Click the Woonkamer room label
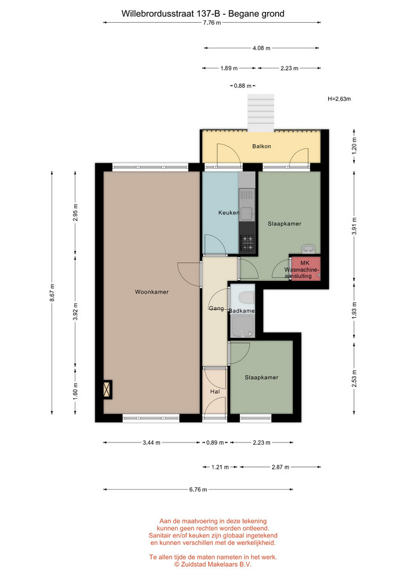[151, 292]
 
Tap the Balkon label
[261, 146]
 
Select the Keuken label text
[229, 212]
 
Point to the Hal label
[215, 391]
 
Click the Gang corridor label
[216, 309]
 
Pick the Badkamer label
[242, 311]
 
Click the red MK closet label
[305, 263]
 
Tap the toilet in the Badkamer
[246, 298]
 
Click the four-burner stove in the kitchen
[247, 243]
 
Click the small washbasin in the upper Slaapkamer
[308, 249]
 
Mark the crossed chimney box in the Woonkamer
[107, 389]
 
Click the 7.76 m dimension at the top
[212, 22]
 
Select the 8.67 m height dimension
[52, 293]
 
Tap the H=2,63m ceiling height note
[339, 99]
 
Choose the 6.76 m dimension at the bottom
[198, 490]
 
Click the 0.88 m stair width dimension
[242, 86]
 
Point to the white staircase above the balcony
[261, 112]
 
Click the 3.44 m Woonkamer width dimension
[151, 442]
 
